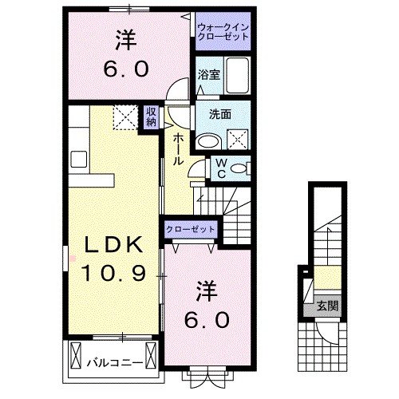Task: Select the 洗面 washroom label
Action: (x=220, y=114)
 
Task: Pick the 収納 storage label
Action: (x=152, y=117)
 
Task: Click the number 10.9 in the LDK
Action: (x=112, y=275)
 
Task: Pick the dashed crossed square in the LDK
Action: (x=124, y=117)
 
